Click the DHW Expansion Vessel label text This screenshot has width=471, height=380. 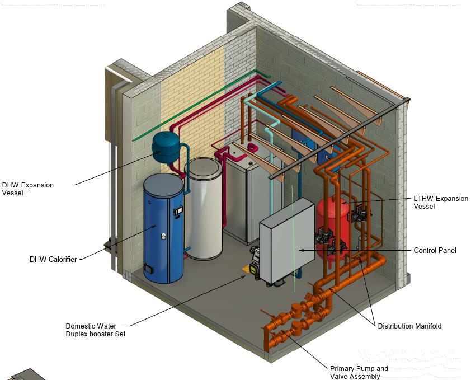(x=28, y=189)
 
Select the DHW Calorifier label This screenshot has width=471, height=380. (x=53, y=259)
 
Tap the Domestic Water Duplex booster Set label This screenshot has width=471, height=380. (x=95, y=330)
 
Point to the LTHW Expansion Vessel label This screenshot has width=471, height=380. (x=441, y=202)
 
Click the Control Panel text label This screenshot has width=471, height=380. (x=435, y=250)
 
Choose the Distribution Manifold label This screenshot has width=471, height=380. (x=409, y=326)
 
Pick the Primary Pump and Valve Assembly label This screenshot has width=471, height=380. (x=359, y=372)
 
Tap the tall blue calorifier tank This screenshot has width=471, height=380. (x=164, y=229)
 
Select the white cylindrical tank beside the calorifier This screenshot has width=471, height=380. (x=204, y=207)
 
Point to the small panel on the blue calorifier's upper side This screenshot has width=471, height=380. (x=178, y=210)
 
